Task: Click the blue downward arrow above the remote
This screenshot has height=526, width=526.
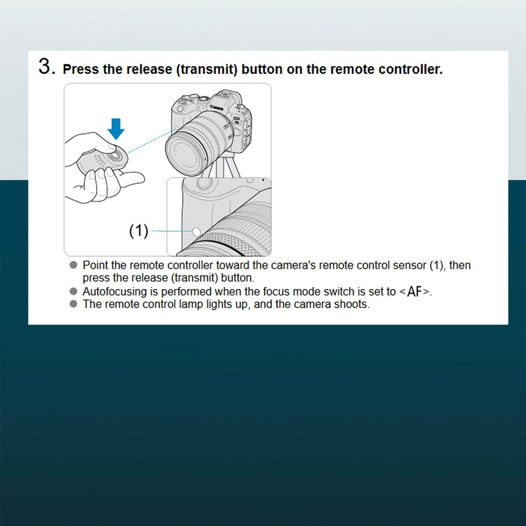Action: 116,129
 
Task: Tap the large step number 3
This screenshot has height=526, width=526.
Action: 45,66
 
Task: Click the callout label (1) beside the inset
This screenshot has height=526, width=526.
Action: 139,231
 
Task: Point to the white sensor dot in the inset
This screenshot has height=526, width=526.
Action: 196,232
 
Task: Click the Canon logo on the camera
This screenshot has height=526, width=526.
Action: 217,108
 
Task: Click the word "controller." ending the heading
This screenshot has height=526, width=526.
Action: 410,69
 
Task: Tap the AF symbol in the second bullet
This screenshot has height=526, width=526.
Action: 414,292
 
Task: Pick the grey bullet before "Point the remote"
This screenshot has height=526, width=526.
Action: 74,265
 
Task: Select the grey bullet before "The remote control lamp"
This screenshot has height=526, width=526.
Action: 74,303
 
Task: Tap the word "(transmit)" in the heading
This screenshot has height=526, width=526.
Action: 206,69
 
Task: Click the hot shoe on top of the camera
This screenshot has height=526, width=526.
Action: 225,94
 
